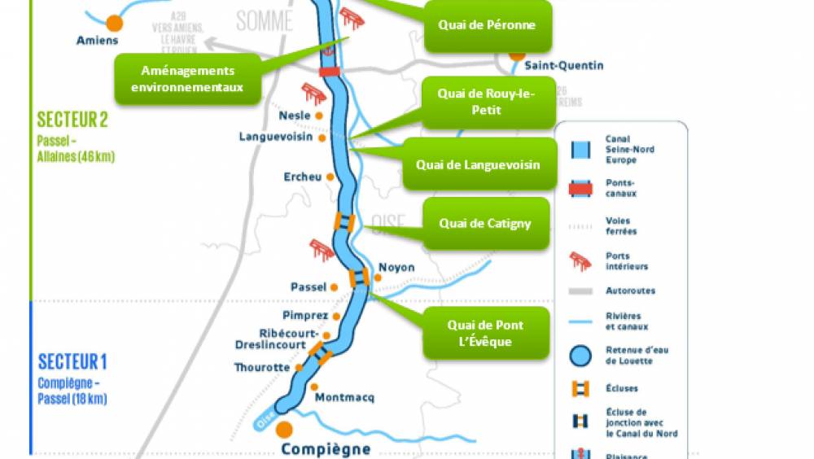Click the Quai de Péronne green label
(487, 25)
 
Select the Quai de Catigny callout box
(485, 223)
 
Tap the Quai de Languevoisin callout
(477, 164)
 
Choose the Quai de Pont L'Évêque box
(485, 333)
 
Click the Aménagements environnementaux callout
(187, 79)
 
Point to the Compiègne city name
(326, 448)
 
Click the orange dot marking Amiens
(115, 22)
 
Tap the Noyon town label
(396, 268)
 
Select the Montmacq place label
(344, 397)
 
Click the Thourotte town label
(261, 367)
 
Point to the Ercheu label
(303, 177)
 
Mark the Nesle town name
(295, 116)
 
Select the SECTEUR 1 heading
(72, 361)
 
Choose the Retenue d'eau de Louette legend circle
(580, 355)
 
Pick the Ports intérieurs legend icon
(580, 260)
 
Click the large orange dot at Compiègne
(284, 429)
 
